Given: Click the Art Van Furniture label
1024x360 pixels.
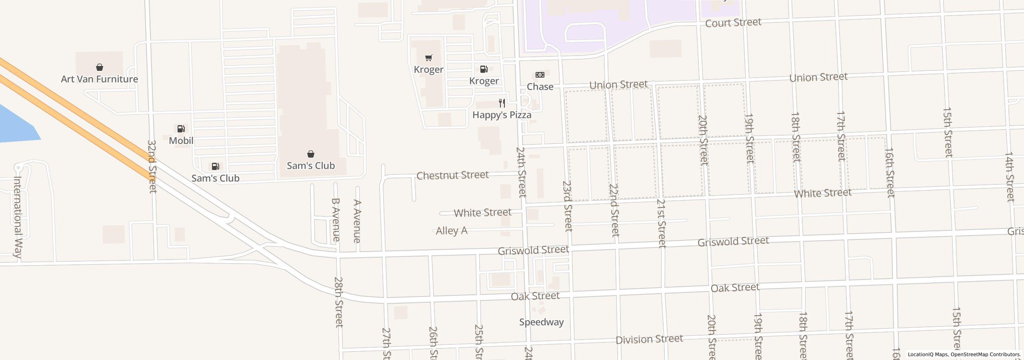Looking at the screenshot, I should point(99,79).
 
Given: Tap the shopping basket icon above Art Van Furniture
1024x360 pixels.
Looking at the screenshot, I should point(100,67).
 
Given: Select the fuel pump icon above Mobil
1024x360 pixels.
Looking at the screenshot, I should point(181,129).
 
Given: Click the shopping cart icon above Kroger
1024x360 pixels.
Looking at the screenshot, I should point(428,58).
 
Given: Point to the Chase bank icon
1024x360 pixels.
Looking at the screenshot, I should point(540,75).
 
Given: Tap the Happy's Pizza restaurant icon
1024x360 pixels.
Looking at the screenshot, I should point(502,103).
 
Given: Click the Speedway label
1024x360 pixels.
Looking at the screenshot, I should point(541,322).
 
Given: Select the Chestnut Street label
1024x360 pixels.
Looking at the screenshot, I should point(452,175).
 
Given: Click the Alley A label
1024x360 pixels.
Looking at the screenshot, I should point(451,231).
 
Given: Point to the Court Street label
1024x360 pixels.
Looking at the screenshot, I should point(733,23).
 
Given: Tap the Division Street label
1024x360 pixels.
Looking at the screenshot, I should point(649,340).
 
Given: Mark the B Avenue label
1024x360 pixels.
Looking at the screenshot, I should point(336,220).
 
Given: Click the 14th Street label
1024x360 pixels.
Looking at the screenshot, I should point(1009,176).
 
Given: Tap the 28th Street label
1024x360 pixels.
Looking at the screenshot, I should point(338,302).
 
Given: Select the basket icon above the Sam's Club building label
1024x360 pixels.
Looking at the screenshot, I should point(310,154).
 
